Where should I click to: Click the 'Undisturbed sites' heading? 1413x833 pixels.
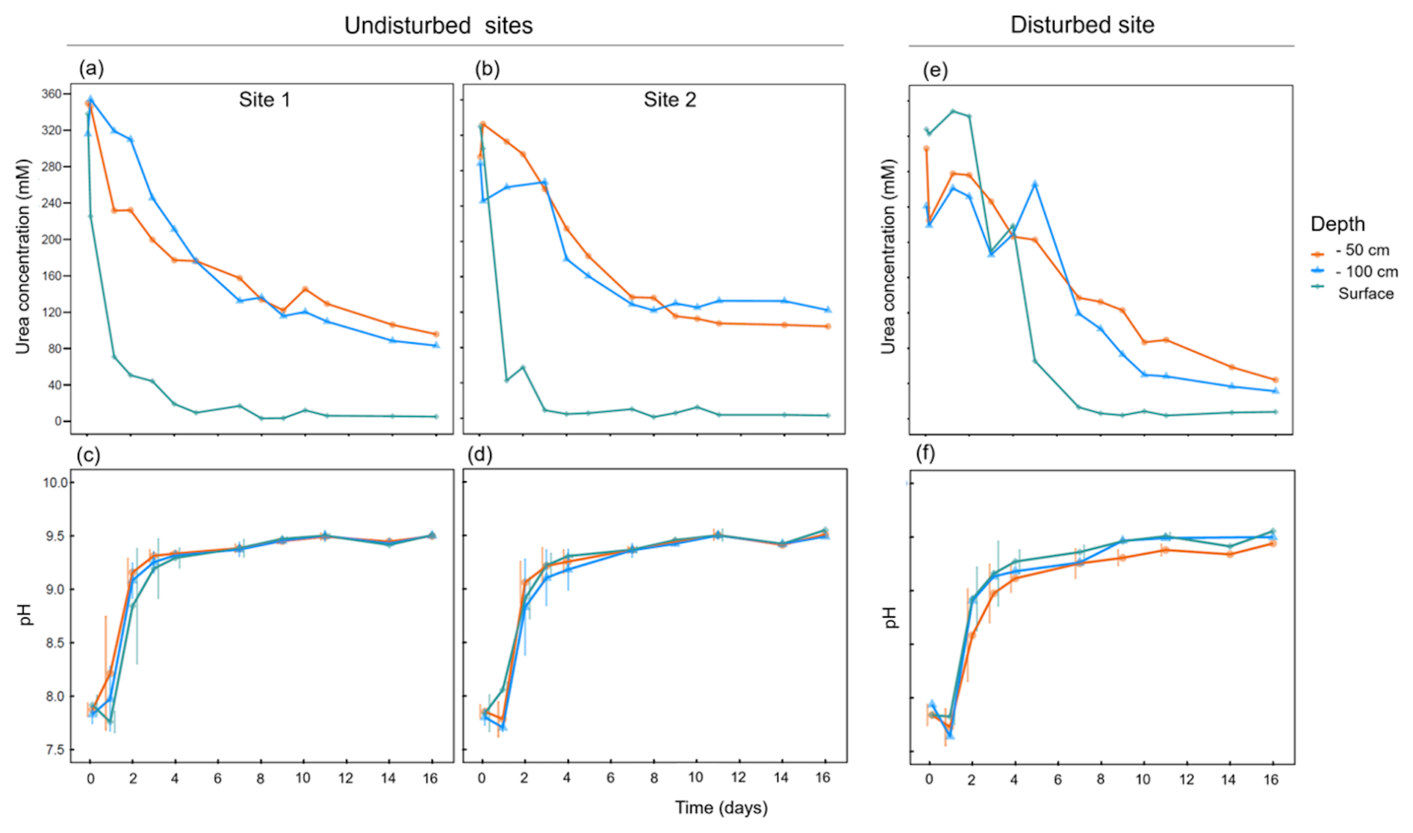pyautogui.click(x=438, y=25)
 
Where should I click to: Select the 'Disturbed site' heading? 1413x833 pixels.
pyautogui.click(x=1081, y=25)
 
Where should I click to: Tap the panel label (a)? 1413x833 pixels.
pyautogui.click(x=91, y=69)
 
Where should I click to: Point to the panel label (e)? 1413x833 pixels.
pyautogui.click(x=935, y=70)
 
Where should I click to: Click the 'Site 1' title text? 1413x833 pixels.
pyautogui.click(x=264, y=99)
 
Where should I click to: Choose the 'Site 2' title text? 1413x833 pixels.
pyautogui.click(x=669, y=99)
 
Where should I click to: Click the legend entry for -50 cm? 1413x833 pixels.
pyautogui.click(x=1361, y=250)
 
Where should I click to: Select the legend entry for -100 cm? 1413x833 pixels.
pyautogui.click(x=1366, y=272)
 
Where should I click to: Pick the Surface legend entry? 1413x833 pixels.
pyautogui.click(x=1365, y=294)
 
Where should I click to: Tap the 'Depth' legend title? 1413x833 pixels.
pyautogui.click(x=1338, y=224)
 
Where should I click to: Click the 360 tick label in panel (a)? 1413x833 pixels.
pyautogui.click(x=52, y=94)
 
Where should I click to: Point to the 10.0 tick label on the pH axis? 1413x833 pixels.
pyautogui.click(x=55, y=483)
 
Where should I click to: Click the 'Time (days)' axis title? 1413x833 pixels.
pyautogui.click(x=721, y=808)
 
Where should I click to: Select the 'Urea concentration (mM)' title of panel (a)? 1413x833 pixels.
pyautogui.click(x=23, y=256)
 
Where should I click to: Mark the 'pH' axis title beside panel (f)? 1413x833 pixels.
pyautogui.click(x=889, y=617)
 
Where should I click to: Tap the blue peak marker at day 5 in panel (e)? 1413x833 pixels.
pyautogui.click(x=1034, y=184)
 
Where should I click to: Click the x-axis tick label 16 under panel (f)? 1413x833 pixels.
pyautogui.click(x=1270, y=779)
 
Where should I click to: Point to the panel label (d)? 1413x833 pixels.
pyautogui.click(x=479, y=454)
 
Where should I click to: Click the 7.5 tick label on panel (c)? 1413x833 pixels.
pyautogui.click(x=55, y=750)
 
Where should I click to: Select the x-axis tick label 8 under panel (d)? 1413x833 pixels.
pyautogui.click(x=653, y=778)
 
